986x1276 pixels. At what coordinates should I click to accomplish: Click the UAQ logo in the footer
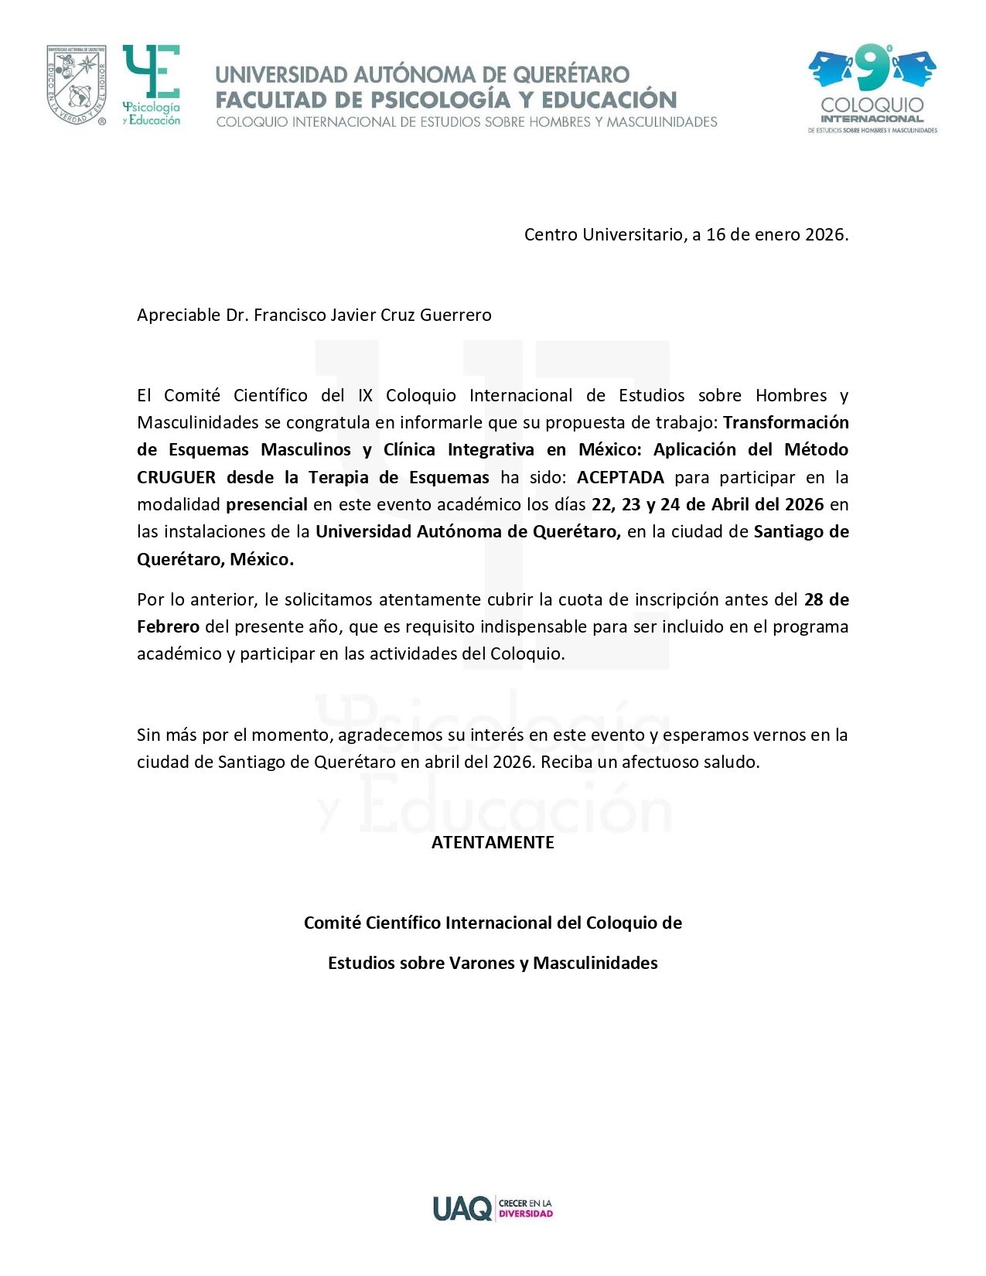(x=462, y=1208)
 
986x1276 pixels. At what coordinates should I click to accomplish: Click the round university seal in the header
(x=76, y=84)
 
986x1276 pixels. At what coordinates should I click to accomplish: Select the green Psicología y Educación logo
(x=152, y=85)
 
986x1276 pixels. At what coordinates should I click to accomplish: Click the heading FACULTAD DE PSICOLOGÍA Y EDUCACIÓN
(x=446, y=100)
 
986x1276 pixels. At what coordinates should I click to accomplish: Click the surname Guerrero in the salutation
(x=455, y=316)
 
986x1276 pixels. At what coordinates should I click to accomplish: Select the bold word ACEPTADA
(x=620, y=478)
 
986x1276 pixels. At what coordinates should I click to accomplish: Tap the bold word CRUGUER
(x=176, y=478)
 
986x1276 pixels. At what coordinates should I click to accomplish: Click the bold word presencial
(x=267, y=505)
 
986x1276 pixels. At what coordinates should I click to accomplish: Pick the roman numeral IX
(x=365, y=396)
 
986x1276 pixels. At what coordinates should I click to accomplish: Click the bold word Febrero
(x=168, y=627)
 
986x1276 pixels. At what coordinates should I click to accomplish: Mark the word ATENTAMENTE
(x=493, y=843)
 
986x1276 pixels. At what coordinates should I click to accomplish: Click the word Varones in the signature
(x=484, y=964)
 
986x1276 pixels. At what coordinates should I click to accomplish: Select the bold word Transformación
(x=786, y=423)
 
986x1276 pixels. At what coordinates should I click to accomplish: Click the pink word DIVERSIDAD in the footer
(x=526, y=1214)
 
